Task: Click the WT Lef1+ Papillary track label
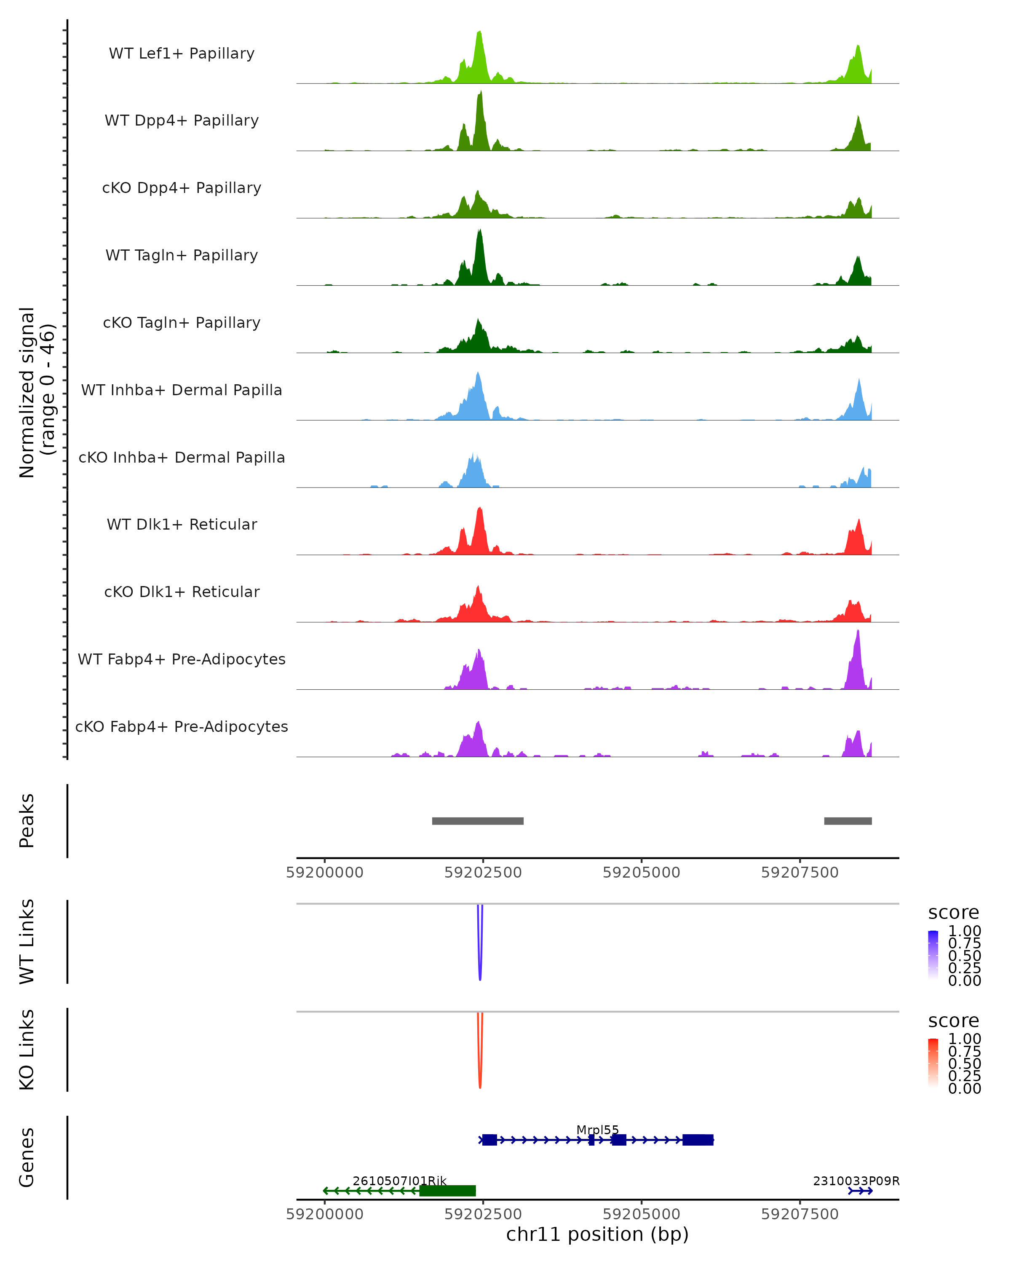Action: [x=182, y=54]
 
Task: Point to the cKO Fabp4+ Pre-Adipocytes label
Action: [x=182, y=726]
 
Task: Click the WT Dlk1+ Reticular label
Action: [x=182, y=524]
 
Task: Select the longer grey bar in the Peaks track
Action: [x=478, y=821]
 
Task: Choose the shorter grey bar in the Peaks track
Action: [x=848, y=821]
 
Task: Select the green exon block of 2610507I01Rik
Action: [x=447, y=1191]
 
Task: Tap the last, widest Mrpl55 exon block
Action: [x=698, y=1140]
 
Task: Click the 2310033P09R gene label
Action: [x=856, y=1181]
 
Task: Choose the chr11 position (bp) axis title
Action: [x=597, y=1234]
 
